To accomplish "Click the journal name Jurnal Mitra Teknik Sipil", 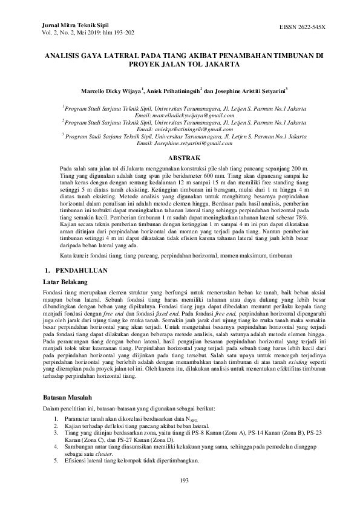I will [x=67, y=27].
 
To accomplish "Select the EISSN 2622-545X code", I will [x=302, y=28].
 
